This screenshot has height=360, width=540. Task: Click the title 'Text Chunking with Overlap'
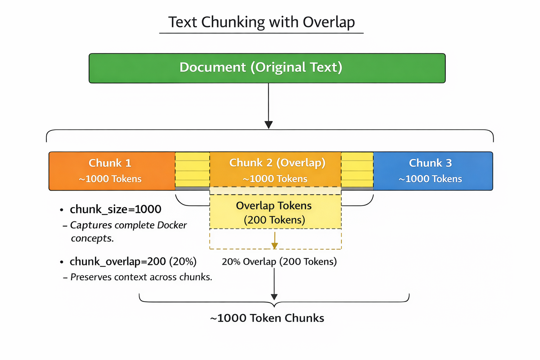coord(261,22)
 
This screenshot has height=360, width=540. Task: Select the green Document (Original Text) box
coord(267,68)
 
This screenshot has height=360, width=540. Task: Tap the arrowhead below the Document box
coord(269,125)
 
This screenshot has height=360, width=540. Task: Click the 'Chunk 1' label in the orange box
coord(110,163)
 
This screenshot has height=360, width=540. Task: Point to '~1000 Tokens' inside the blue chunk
coord(430,179)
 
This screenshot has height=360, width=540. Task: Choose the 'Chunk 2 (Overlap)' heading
coord(277,163)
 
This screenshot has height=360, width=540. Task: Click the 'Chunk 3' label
coord(430,163)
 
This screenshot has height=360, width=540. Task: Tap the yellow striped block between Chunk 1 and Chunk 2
coord(192,169)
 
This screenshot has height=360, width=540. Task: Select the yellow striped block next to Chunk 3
coord(357,169)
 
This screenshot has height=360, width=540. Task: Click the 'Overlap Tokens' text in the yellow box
coord(274,206)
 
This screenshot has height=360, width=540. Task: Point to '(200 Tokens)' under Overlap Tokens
coord(274,220)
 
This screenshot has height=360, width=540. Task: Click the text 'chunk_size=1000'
coord(115,210)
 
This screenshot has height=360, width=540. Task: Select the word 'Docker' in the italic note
coord(172,225)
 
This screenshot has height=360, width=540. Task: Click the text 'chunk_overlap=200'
coord(117,262)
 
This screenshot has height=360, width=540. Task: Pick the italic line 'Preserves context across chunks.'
coord(141,277)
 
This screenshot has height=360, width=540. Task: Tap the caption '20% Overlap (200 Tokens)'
coord(279,262)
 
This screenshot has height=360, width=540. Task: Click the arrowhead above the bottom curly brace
coord(274,296)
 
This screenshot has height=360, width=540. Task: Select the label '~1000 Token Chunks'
coord(267,318)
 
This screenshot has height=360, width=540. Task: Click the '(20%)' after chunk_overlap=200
coord(182,262)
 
